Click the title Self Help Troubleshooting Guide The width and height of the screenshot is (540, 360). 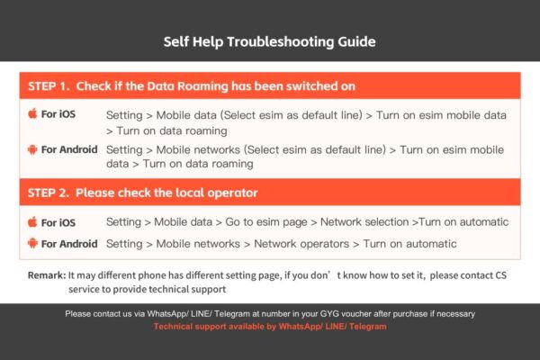(x=269, y=41)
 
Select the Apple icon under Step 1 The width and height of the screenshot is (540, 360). (x=32, y=114)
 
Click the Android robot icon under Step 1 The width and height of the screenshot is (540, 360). (x=32, y=148)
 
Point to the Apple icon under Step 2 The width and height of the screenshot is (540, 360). (x=32, y=221)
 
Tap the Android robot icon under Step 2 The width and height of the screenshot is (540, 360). (x=32, y=243)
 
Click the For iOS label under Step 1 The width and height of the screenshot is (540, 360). (x=59, y=114)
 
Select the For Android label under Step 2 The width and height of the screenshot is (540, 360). (x=69, y=243)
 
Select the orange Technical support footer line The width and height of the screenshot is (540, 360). (x=270, y=327)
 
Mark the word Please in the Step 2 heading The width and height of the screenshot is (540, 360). (x=97, y=193)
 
